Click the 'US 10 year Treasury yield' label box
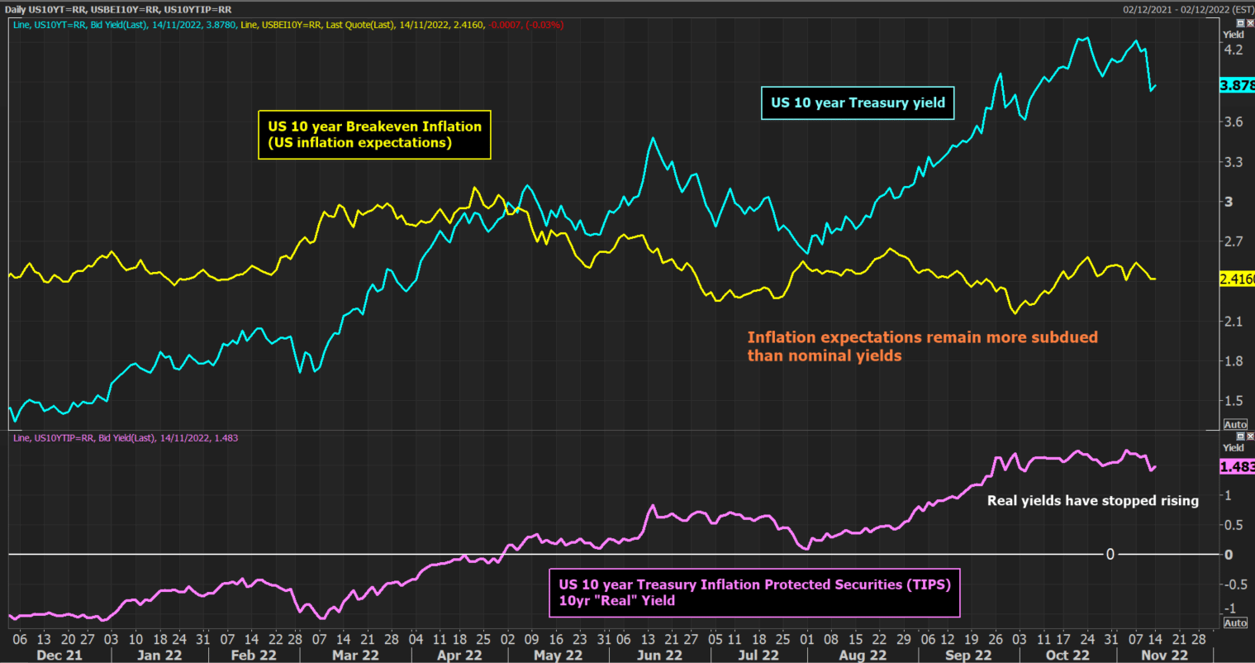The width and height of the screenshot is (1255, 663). click(x=858, y=103)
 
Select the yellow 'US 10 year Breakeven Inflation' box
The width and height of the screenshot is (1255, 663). click(x=374, y=135)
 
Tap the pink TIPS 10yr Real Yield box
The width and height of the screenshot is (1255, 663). click(x=754, y=593)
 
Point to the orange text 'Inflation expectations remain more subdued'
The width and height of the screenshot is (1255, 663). click(x=922, y=337)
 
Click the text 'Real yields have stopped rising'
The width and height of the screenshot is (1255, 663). click(x=1092, y=500)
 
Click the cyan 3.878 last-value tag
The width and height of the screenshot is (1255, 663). click(x=1237, y=86)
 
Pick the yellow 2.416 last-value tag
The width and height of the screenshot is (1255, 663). click(x=1237, y=279)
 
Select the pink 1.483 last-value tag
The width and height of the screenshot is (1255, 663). click(x=1237, y=467)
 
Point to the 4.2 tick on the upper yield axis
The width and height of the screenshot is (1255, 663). click(x=1233, y=50)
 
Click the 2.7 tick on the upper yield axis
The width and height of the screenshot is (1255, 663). click(x=1233, y=241)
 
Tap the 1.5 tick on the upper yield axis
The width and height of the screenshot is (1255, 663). click(x=1233, y=401)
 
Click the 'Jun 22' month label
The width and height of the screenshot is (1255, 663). click(x=659, y=656)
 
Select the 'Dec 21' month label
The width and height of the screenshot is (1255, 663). click(x=59, y=656)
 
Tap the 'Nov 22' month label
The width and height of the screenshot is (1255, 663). click(x=1164, y=656)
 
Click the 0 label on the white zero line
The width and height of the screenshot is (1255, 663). click(x=1110, y=554)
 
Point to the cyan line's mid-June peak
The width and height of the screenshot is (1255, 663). click(x=653, y=138)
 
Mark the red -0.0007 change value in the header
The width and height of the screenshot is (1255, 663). click(x=505, y=26)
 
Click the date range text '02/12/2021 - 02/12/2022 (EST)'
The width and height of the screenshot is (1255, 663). click(x=1188, y=10)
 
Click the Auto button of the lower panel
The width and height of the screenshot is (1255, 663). click(x=1235, y=622)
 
